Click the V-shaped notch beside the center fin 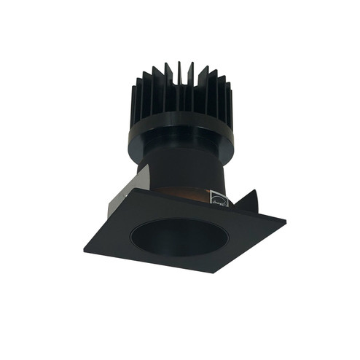[173, 80]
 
